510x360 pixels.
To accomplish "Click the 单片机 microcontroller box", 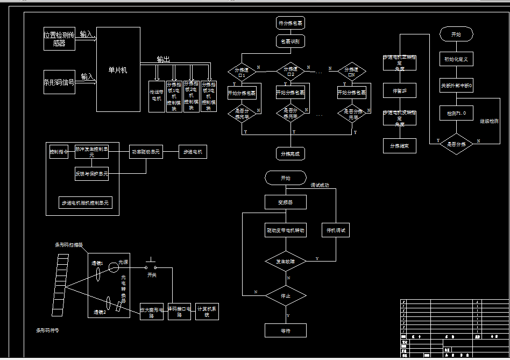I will pos(118,69).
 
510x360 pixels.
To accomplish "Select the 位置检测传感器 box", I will pos(59,39).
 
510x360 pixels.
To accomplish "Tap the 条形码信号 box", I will pos(59,82).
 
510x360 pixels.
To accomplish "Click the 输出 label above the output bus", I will pos(163,59).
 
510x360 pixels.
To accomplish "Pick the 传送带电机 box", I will pos(156,96).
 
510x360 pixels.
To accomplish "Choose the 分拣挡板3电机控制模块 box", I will pos(209,96).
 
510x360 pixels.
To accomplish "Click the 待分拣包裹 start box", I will pos(291,23).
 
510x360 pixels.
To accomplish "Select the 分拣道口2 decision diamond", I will pos(291,70).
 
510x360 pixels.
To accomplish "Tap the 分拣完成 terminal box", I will pos(291,153).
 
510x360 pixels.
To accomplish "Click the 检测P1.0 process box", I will pos(456,114).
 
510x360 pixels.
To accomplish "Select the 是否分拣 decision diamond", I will pos(456,144).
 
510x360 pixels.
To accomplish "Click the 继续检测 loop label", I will pos(489,122).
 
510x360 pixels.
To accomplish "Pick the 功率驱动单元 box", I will pos(146,152).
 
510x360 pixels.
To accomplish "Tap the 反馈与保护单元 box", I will pos(91,174).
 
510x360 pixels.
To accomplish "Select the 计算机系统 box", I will pos(207,310).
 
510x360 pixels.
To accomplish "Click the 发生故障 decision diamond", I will pos(286,261).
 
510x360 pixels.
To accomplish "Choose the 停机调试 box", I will pos(336,230).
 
